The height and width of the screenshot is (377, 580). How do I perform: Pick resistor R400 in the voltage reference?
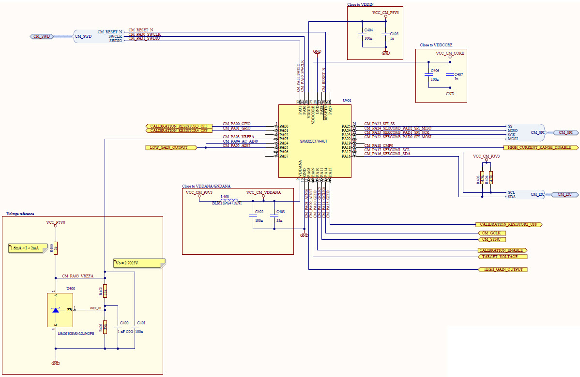point(56,248)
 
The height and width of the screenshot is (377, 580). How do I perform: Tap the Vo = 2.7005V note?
point(139,263)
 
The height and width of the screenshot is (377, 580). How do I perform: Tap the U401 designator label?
point(347,101)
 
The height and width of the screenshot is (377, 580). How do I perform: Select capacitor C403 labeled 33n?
point(275,216)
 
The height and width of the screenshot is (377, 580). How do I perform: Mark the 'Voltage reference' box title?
point(20,214)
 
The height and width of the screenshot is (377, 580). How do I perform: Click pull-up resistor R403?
point(482,177)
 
